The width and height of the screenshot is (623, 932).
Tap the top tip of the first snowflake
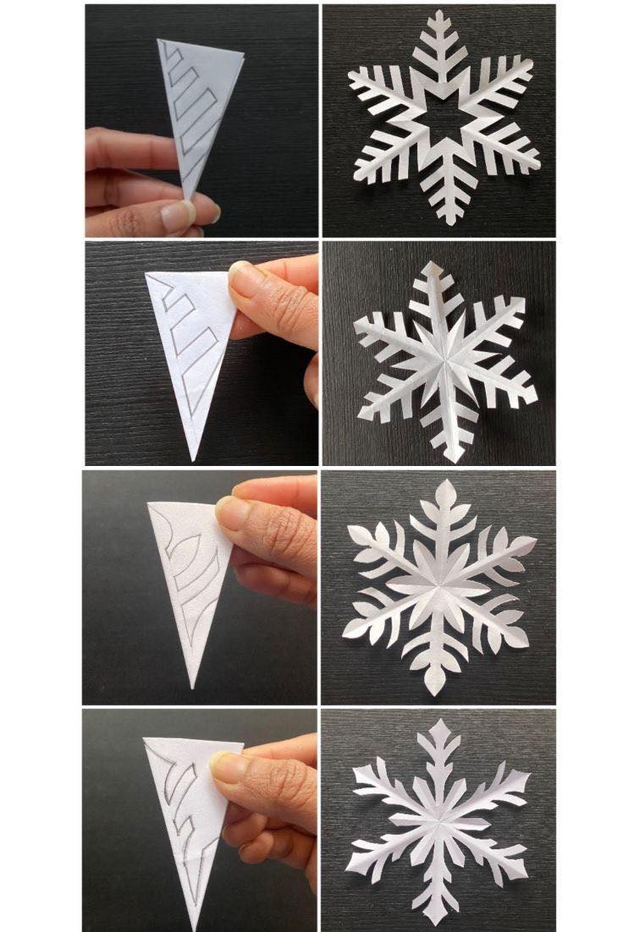click(x=438, y=14)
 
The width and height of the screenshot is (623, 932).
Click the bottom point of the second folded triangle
click(x=194, y=459)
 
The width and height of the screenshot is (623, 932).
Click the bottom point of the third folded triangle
click(x=194, y=686)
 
